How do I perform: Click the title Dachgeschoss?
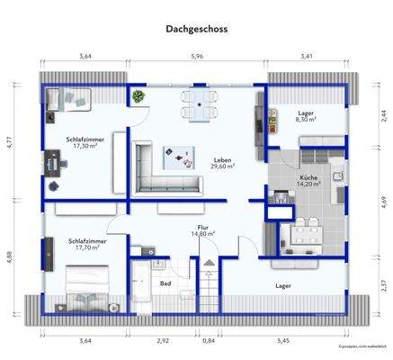pyautogui.click(x=196, y=28)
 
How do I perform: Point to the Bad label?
pyautogui.click(x=165, y=283)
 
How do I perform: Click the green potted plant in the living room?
pyautogui.click(x=138, y=96)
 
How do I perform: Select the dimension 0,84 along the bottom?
pyautogui.click(x=209, y=341)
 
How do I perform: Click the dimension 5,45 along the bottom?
pyautogui.click(x=284, y=341)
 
